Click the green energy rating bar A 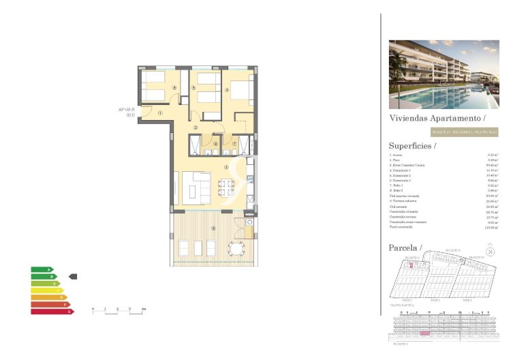coord(42,269)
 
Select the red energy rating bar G coord(50,312)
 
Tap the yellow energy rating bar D coord(46,290)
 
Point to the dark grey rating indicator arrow coord(74,276)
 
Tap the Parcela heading coord(405,246)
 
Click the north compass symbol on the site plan coord(491,251)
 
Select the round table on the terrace coord(236,246)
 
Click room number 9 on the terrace coord(213,228)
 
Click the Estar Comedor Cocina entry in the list coord(407,165)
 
